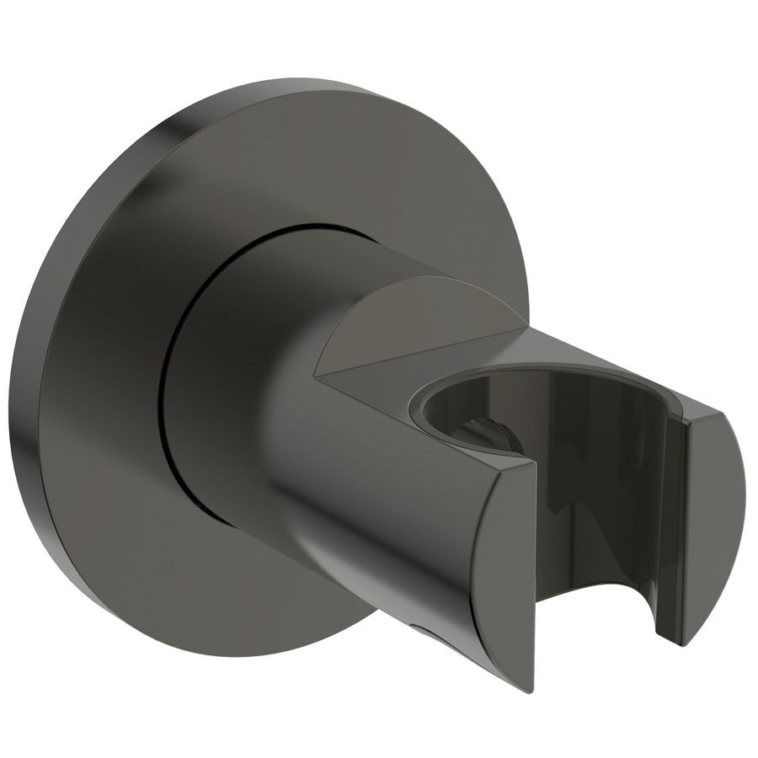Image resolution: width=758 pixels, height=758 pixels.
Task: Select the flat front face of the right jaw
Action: click(712, 514)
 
